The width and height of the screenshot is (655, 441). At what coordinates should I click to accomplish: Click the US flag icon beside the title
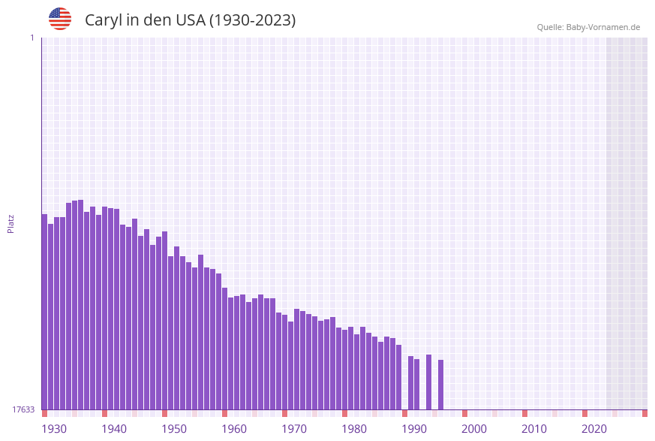tap(60, 19)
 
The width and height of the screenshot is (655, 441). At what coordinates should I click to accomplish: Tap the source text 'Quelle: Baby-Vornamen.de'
tap(588, 27)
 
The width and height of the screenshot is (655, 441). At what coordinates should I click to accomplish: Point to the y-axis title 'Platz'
tap(11, 223)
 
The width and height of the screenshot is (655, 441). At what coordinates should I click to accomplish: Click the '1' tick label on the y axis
tap(32, 38)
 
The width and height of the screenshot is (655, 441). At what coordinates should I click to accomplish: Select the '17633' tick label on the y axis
tap(23, 409)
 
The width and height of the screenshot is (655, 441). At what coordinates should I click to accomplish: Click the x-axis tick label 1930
tap(54, 429)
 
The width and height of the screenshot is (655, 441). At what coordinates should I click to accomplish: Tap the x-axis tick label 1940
tap(114, 429)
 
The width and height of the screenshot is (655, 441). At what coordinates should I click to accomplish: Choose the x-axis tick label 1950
tap(174, 429)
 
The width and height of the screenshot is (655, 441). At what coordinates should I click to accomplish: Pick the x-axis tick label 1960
tap(234, 429)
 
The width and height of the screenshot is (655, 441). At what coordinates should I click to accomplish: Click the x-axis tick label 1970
tap(294, 429)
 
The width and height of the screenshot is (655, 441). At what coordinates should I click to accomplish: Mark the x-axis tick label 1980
tap(354, 429)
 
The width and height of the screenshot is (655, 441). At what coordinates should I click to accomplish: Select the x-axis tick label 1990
tap(414, 429)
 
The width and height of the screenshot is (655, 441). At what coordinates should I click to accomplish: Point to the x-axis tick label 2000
tap(474, 429)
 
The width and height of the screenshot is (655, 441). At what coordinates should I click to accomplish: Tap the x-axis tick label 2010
tap(534, 429)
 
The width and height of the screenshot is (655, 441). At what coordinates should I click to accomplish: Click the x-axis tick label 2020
tap(594, 429)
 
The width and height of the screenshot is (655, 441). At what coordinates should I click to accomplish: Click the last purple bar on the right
tap(441, 385)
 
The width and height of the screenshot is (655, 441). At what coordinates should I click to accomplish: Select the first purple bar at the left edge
tap(44, 312)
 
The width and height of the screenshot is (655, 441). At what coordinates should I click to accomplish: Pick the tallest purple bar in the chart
tap(81, 304)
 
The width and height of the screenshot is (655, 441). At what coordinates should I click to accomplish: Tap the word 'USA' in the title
tap(191, 20)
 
